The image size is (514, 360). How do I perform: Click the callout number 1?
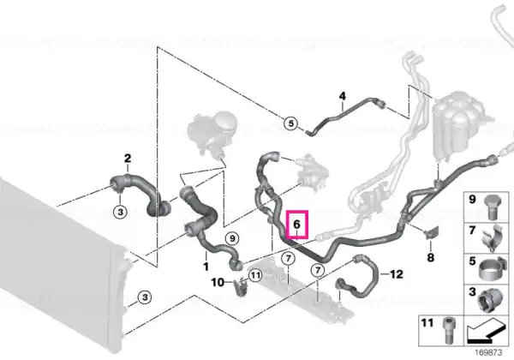(206, 267)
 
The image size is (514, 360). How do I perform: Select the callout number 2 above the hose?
(128, 159)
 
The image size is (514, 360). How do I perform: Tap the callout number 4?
(342, 96)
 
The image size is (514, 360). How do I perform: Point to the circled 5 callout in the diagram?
(290, 123)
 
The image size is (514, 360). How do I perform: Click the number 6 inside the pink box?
(296, 225)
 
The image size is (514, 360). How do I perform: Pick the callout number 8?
(430, 257)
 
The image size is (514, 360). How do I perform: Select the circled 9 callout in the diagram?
(232, 238)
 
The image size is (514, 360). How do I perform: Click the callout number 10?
(218, 282)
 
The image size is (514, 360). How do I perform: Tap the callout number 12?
(396, 273)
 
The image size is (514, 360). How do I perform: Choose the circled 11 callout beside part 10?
(255, 275)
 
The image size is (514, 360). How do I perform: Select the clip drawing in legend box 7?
(492, 238)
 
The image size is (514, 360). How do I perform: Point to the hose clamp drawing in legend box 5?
(491, 269)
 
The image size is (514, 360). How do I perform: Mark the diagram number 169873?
(488, 353)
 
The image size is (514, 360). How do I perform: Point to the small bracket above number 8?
(432, 232)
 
